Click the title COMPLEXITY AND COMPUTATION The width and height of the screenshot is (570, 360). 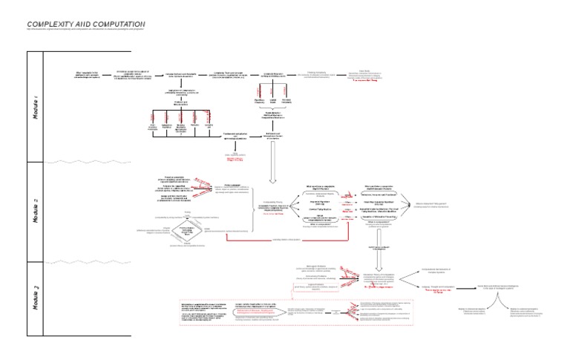click(x=85, y=24)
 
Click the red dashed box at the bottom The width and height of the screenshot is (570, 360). click(x=207, y=313)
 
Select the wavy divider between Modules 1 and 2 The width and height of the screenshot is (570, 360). click(x=89, y=162)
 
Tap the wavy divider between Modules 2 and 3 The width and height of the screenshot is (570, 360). click(x=89, y=261)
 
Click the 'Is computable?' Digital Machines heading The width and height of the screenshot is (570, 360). click(x=321, y=188)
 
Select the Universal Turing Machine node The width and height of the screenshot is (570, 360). click(x=320, y=211)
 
